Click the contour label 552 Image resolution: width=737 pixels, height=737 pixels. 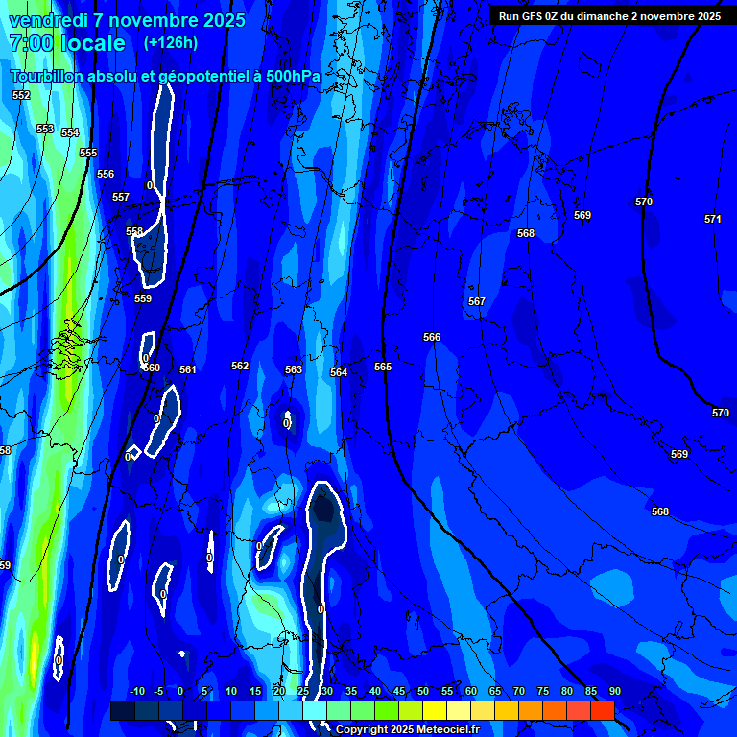[x=21, y=95]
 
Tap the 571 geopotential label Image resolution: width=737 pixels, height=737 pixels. [x=712, y=219]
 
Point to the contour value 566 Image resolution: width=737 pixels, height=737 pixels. [x=432, y=337]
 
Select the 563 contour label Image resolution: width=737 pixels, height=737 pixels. [x=294, y=369]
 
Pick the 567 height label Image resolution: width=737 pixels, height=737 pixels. [x=477, y=301]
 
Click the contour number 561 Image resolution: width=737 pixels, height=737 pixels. [x=187, y=369]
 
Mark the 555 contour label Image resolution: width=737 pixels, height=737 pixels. [x=88, y=153]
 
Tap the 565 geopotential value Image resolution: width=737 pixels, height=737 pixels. [x=383, y=367]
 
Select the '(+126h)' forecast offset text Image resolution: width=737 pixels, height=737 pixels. [x=171, y=42]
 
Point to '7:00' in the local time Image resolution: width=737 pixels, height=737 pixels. [x=30, y=43]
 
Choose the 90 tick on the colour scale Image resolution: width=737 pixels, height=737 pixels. [x=614, y=691]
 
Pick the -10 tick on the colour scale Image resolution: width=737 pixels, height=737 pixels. [x=137, y=691]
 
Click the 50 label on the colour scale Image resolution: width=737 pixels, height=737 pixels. [x=423, y=691]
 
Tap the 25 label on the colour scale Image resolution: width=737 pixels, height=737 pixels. [x=303, y=691]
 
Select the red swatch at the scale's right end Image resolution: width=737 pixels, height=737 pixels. [x=602, y=710]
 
